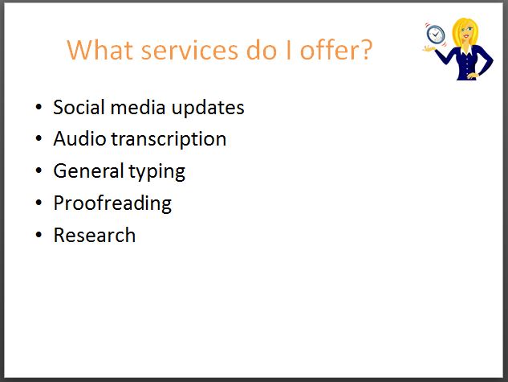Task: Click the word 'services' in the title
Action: pyautogui.click(x=190, y=51)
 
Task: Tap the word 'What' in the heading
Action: pyautogui.click(x=100, y=50)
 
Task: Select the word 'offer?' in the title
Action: pyautogui.click(x=336, y=50)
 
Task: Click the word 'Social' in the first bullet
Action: pyautogui.click(x=79, y=107)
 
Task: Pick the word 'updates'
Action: pyautogui.click(x=208, y=108)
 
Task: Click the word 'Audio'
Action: pyautogui.click(x=79, y=138)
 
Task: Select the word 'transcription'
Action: pyautogui.click(x=169, y=140)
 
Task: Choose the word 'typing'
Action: pyautogui.click(x=156, y=172)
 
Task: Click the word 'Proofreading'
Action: pyautogui.click(x=112, y=203)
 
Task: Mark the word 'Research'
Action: pyautogui.click(x=95, y=235)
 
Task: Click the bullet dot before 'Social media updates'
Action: pyautogui.click(x=39, y=107)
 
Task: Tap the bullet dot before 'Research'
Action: pyautogui.click(x=39, y=235)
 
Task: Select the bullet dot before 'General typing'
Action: pyautogui.click(x=39, y=170)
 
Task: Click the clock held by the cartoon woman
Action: pyautogui.click(x=436, y=34)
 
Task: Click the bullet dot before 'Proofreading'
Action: pyautogui.click(x=39, y=203)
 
